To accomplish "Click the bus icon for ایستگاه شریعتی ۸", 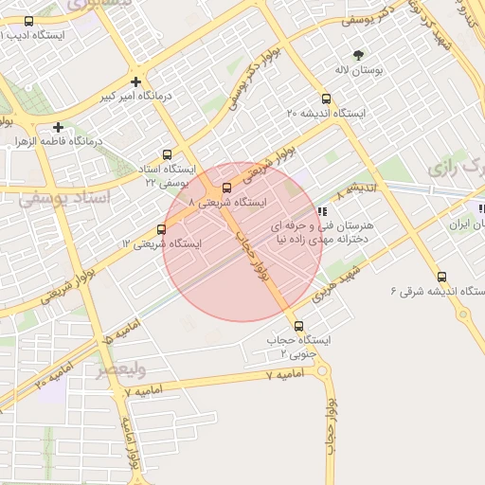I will [225, 188].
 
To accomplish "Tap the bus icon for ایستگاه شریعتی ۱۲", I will [161, 228].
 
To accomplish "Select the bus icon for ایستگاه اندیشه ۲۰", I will [327, 99].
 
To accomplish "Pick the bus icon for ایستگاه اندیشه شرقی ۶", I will [441, 277].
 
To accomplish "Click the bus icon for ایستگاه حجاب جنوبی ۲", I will [299, 326].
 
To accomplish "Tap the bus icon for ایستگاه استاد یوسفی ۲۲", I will [168, 154].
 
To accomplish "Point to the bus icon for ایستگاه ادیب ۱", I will [28, 21].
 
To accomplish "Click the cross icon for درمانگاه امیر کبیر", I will [136, 82].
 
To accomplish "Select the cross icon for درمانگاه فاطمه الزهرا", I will [59, 127].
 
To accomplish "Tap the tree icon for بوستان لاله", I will [358, 56].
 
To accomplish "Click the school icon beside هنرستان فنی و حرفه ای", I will [323, 211].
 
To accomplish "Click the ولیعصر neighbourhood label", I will [120, 368].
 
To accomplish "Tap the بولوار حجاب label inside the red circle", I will [255, 253].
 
